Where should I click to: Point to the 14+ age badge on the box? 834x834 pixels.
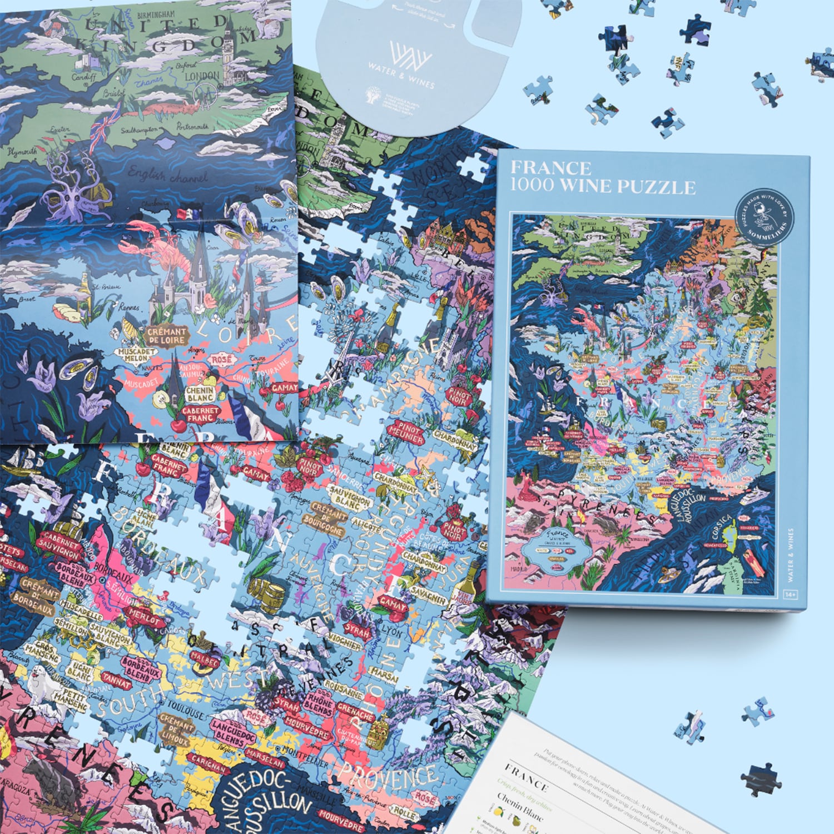point(791,595)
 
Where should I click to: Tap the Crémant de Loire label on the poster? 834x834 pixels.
point(167,335)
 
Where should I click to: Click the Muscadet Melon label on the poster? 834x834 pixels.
point(136,355)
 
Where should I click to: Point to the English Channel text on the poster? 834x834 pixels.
point(167,175)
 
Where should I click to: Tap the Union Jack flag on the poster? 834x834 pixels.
point(106,129)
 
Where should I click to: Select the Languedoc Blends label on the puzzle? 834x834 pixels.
point(234,732)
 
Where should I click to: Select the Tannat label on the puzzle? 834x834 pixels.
point(117,679)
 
